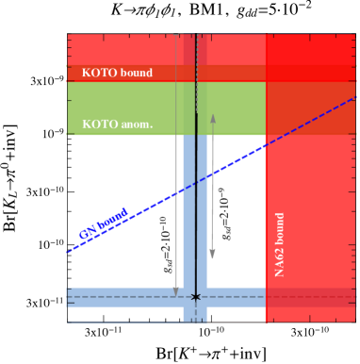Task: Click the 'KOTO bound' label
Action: tap(117, 73)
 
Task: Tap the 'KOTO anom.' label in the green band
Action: tap(117, 124)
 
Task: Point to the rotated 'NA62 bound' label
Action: tap(280, 244)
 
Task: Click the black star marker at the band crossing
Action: tap(196, 296)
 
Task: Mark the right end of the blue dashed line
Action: tap(355, 97)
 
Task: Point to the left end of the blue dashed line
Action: tap(68, 252)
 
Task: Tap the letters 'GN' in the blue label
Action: tap(87, 232)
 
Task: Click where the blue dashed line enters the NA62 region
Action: tap(266, 143)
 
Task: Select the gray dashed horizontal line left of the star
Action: tap(123, 297)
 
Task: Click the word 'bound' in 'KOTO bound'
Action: tap(135, 73)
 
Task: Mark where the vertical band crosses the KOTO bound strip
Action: tap(195, 73)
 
